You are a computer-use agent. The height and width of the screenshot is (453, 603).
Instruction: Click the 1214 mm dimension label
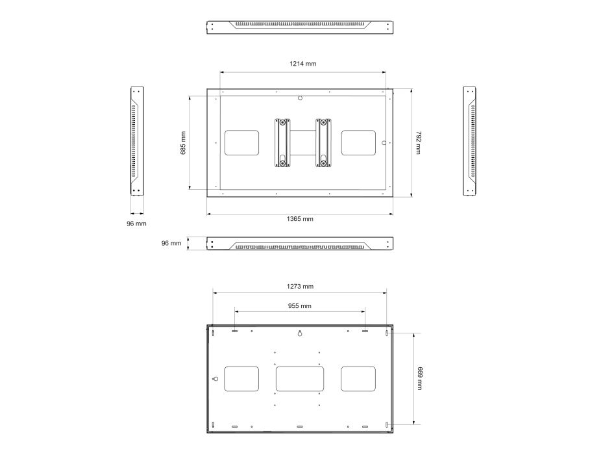303,64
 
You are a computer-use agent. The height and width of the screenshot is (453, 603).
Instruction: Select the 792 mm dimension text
419,142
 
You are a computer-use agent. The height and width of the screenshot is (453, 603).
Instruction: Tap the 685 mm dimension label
183,143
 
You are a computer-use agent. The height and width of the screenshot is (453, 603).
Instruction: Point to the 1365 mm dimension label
300,219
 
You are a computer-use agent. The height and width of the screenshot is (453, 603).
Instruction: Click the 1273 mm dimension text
300,286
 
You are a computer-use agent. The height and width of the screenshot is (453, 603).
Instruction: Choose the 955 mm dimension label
300,306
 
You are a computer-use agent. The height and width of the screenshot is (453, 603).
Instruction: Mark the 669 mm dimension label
419,378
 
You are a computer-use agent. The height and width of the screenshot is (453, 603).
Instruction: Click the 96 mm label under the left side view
136,224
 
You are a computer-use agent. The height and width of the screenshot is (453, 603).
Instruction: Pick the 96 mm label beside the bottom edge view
171,243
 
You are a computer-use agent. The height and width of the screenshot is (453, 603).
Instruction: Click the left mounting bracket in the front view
282,143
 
